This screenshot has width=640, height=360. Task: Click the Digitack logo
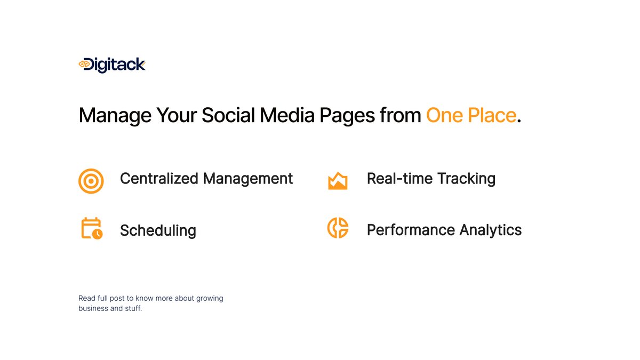point(112,65)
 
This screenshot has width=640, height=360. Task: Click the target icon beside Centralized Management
point(91,181)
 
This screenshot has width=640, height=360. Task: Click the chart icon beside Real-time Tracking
point(338,181)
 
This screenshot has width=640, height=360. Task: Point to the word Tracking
point(466,178)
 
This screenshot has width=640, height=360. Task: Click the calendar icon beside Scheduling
point(91,228)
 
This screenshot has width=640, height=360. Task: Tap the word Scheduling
point(158,230)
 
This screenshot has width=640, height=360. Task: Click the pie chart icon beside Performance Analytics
point(338,228)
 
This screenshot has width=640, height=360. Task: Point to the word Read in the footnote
point(86,298)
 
